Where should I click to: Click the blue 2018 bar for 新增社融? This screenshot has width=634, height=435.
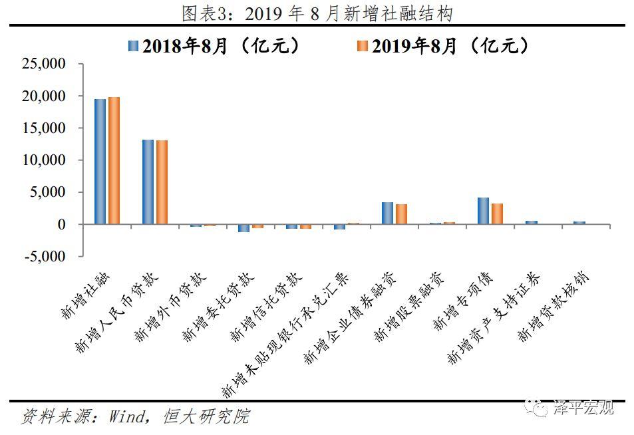(x=100, y=162)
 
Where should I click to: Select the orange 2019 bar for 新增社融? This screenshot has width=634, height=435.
(x=114, y=160)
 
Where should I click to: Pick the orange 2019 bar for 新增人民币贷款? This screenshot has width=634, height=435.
(x=162, y=182)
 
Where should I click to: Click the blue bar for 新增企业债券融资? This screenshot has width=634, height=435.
(x=387, y=213)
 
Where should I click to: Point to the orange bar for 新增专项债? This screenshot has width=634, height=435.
(x=497, y=214)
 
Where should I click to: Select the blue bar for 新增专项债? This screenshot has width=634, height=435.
(x=483, y=211)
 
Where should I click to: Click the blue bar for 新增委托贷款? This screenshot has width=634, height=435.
(x=243, y=228)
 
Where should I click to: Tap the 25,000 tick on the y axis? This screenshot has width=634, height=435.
(x=43, y=65)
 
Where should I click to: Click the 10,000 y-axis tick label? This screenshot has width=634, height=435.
(x=43, y=160)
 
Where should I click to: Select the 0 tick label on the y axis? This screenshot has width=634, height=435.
(x=61, y=225)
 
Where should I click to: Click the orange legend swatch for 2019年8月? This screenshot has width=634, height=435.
(x=362, y=45)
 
